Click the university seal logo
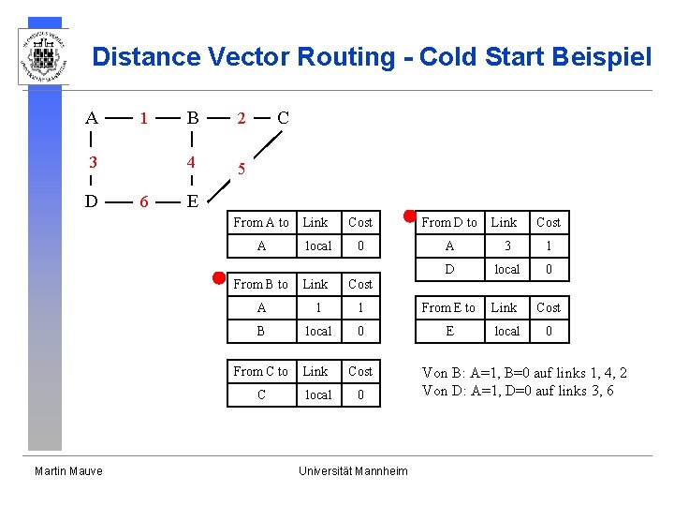44,55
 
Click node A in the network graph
91,118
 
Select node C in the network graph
283,118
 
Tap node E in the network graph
192,201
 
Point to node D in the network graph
91,201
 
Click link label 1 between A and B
142,119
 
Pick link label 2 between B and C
242,119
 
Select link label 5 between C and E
242,170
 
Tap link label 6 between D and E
142,201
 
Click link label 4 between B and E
192,162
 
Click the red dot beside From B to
217,277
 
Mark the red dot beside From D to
408,215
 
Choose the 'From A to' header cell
261,222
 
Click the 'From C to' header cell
261,371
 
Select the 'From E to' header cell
448,307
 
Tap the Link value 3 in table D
505,246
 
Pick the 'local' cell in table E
506,331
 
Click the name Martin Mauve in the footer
69,470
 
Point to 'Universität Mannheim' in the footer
353,470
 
